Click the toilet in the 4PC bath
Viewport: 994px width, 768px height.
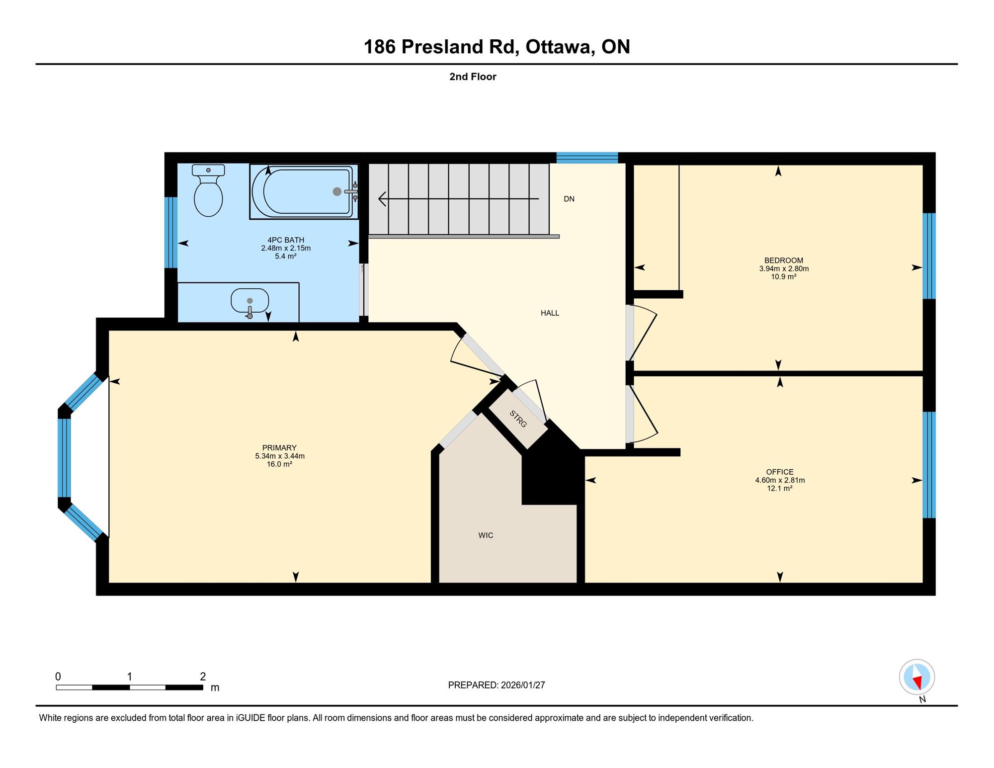208,191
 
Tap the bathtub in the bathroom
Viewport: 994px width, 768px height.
304,191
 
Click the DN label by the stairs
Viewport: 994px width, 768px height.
569,199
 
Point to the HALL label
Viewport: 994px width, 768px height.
550,313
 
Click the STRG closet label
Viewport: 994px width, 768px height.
518,419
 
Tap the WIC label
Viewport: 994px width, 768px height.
486,535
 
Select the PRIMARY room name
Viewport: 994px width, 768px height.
279,448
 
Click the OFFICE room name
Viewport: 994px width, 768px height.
780,472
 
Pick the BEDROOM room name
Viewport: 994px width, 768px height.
784,260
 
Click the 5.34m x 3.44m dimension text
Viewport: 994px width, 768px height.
280,456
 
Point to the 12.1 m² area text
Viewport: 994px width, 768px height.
780,489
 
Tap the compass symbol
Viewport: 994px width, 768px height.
917,677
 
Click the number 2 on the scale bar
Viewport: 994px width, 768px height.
203,676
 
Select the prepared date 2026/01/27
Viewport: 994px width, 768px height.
523,685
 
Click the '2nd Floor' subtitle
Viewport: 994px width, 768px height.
473,77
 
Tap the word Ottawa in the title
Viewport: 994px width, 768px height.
560,47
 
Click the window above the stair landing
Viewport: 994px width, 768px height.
587,158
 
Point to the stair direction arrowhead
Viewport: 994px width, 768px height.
382,199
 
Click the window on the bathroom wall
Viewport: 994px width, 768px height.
171,233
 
